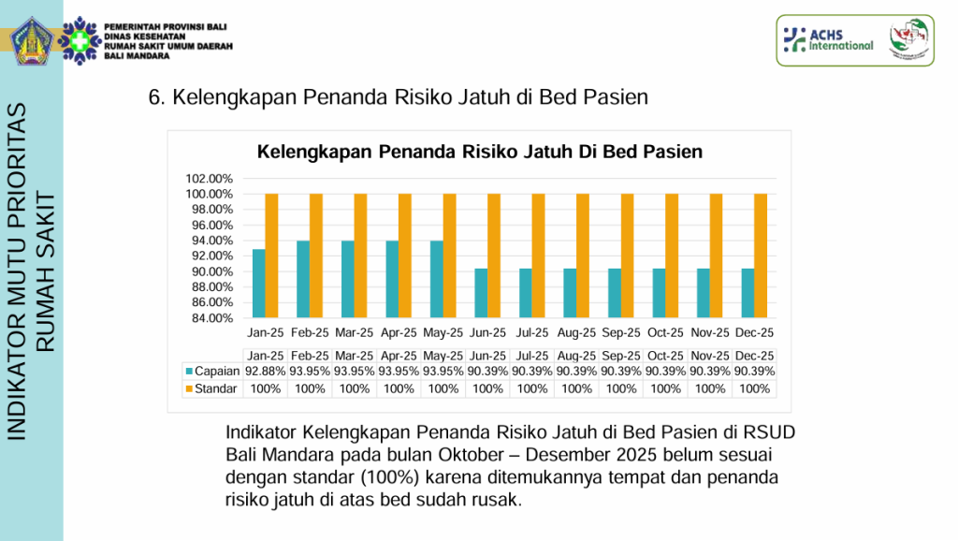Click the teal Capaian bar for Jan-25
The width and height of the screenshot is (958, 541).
coord(258,283)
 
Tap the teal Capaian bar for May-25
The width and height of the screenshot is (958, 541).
coord(436,279)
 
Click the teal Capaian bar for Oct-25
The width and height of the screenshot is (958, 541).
coord(659,293)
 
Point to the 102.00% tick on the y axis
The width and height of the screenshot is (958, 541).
coord(209,179)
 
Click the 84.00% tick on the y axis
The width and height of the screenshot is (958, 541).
coord(209,318)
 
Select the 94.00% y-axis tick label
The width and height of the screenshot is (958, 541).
coord(209,241)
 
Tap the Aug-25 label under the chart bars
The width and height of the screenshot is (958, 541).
coord(576,332)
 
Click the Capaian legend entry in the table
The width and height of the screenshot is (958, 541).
coord(210,372)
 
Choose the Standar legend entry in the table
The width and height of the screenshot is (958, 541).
coord(210,388)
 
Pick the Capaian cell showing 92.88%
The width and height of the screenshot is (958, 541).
coord(266,372)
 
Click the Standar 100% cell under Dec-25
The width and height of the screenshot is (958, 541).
coord(754,388)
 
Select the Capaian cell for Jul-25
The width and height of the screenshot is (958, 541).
coord(532,372)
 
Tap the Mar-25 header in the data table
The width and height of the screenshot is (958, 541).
coord(355,356)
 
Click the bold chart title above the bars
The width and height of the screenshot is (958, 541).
coord(479,152)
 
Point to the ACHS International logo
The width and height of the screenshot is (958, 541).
coord(829,39)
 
